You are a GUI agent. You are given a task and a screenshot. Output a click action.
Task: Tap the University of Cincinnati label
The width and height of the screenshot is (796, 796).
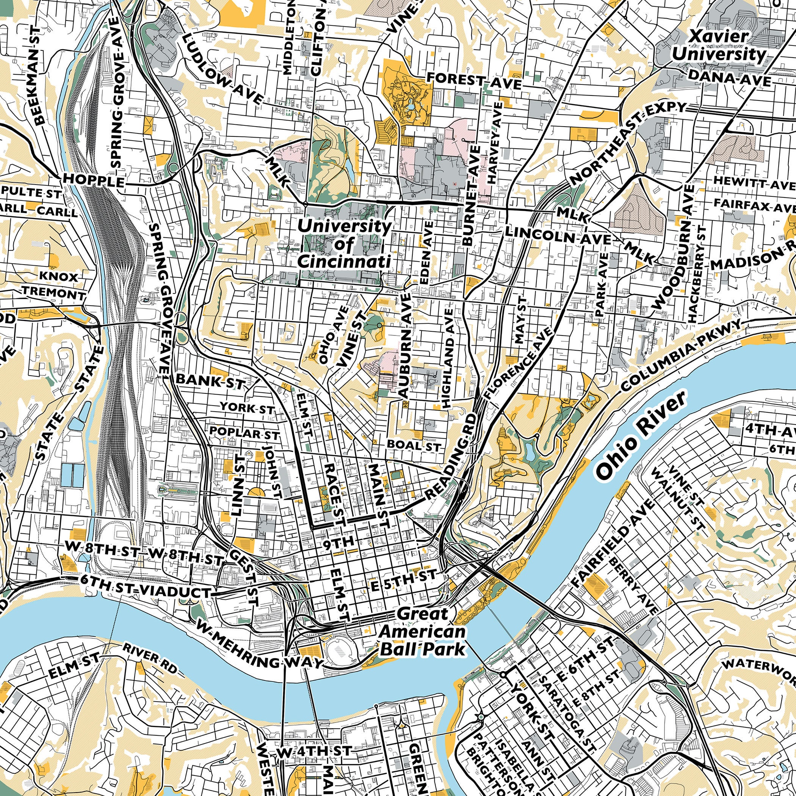click(x=345, y=244)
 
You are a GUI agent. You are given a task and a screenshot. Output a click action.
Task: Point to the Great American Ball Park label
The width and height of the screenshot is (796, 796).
click(x=423, y=635)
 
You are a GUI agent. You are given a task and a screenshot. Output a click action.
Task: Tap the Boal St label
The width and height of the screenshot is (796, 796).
click(x=414, y=445)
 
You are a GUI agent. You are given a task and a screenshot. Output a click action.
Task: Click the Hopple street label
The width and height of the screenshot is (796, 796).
click(x=94, y=181)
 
